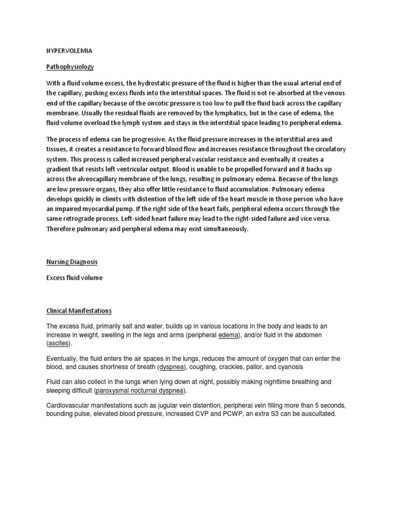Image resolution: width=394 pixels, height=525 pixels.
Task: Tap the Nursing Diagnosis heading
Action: pyautogui.click(x=72, y=261)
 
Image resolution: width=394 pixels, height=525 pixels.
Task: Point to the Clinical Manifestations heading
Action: pyautogui.click(x=79, y=311)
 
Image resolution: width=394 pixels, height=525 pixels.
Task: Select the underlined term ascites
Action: pyautogui.click(x=60, y=343)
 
